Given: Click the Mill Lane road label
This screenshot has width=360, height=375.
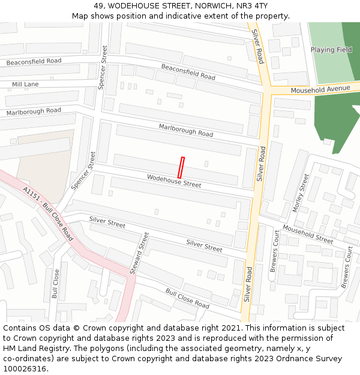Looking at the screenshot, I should coord(25,85).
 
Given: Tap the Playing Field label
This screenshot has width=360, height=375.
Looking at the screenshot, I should coord(331,50).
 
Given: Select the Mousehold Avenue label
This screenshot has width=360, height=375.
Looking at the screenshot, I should coord(320,89).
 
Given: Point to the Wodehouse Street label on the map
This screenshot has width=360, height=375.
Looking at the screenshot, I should coord(174,181).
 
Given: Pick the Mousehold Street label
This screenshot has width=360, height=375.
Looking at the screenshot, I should coord(307,234).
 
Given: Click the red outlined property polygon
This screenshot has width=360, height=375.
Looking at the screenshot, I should coord(181,167).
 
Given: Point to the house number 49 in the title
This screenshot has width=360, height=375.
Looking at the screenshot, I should coord(99,5).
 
